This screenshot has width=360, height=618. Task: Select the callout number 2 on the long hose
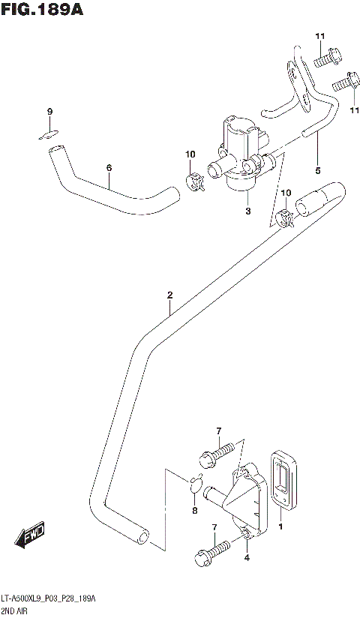(x=170, y=295)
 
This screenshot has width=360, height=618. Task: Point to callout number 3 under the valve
(x=248, y=211)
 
